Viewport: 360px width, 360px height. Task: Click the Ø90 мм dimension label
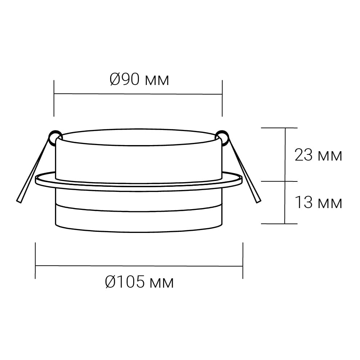(139, 80)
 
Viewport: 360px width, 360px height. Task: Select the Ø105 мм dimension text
(139, 282)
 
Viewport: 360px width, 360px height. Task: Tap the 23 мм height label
(318, 155)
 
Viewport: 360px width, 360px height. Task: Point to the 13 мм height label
(318, 202)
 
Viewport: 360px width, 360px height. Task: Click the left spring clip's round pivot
(56, 136)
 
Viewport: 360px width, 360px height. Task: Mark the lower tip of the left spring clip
(19, 202)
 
